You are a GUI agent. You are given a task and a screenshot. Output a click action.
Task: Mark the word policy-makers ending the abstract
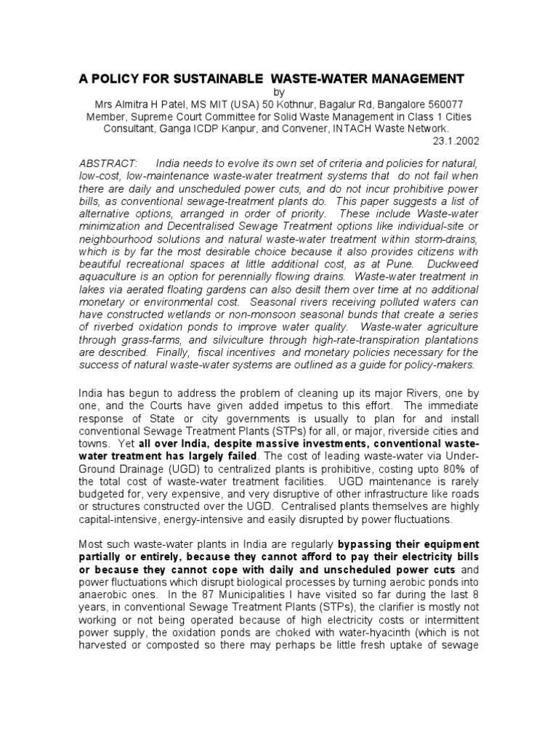tap(440, 363)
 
